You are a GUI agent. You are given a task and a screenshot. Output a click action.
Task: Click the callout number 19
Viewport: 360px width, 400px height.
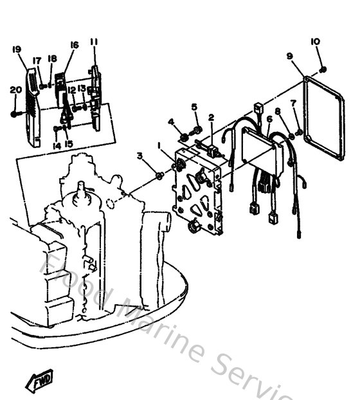click(x=17, y=49)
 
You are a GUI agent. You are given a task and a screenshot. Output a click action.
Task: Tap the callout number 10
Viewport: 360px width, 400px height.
click(x=315, y=42)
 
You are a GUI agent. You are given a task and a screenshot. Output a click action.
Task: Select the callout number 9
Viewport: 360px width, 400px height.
click(x=290, y=57)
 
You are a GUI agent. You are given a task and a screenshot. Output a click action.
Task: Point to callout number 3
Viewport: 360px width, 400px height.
click(x=139, y=155)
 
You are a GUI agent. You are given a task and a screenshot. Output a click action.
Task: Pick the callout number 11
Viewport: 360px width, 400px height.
click(x=94, y=42)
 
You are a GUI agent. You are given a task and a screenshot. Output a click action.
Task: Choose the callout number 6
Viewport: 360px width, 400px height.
click(x=269, y=118)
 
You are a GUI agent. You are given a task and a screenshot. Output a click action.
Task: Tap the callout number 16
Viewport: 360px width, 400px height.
click(x=74, y=45)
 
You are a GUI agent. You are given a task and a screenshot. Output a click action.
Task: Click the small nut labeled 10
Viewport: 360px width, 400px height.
click(x=322, y=69)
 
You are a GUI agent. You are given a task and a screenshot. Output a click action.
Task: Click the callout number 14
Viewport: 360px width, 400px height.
click(x=57, y=145)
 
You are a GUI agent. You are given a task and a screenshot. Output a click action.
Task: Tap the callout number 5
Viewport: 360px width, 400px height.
click(x=194, y=107)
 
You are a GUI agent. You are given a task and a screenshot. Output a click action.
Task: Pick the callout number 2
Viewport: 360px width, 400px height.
click(x=211, y=118)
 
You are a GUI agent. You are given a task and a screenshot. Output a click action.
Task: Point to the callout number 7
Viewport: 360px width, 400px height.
click(x=293, y=103)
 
